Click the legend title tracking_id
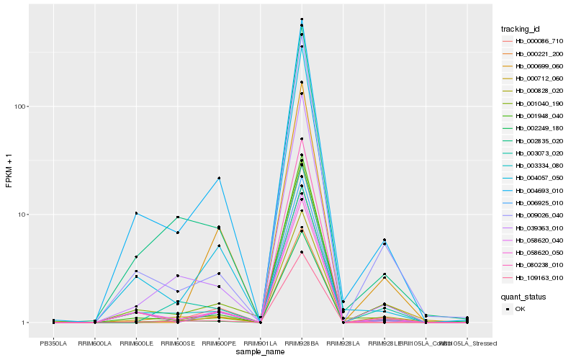tap(520, 29)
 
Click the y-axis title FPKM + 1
tap(9, 171)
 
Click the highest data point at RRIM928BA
tap(302, 19)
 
